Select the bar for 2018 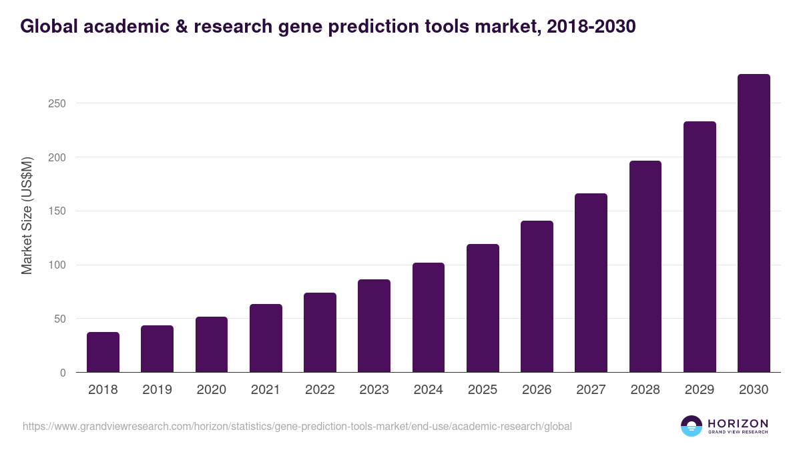(x=103, y=352)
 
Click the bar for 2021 (x=266, y=338)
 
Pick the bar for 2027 (x=591, y=283)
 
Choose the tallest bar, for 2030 (x=754, y=223)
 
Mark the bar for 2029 (x=700, y=247)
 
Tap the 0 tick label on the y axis (x=63, y=373)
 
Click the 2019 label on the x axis (x=157, y=390)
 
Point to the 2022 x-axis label (x=320, y=390)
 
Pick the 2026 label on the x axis (x=537, y=390)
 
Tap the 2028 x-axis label (x=645, y=390)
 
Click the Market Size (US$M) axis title (x=27, y=216)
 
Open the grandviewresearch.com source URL (x=297, y=426)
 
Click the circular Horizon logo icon (x=692, y=426)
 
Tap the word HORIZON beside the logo (x=738, y=423)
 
